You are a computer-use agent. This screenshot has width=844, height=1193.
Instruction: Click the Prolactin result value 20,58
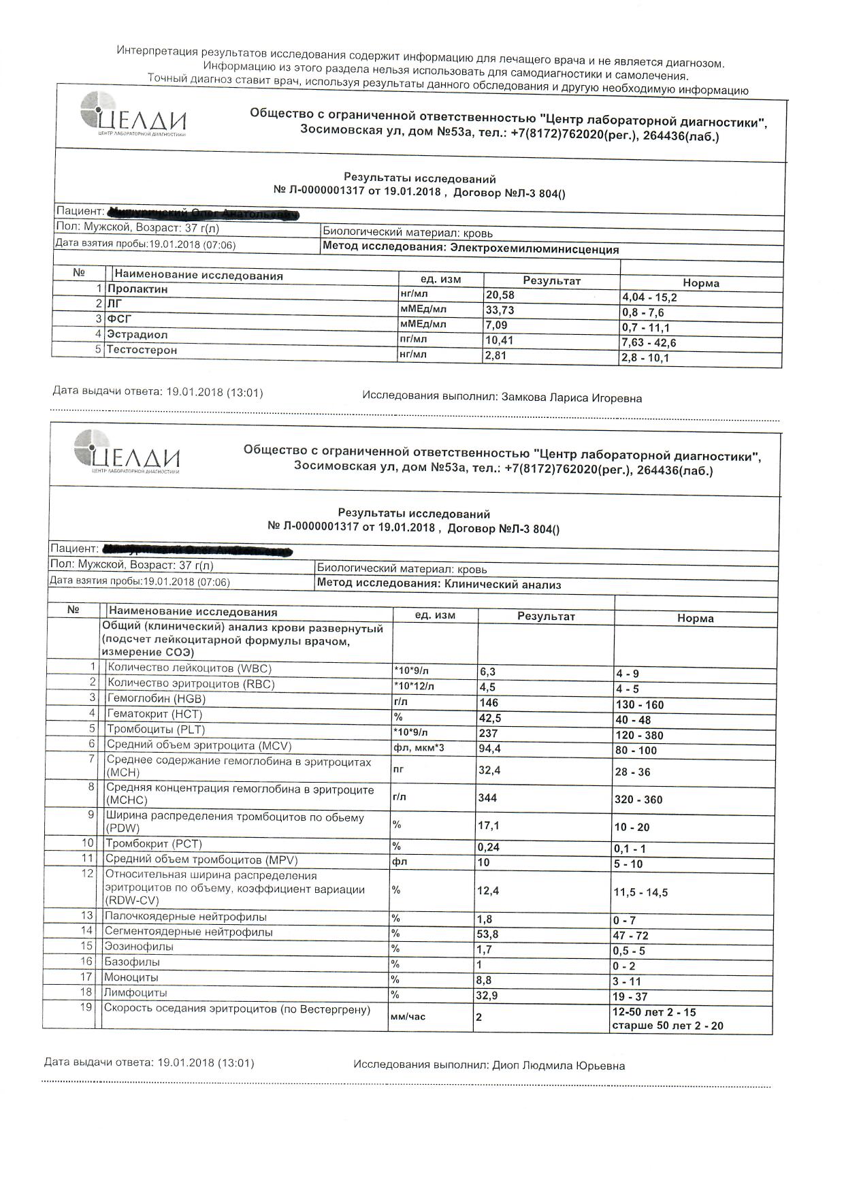coord(500,295)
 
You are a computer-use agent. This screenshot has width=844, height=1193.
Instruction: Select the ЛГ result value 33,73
coord(500,310)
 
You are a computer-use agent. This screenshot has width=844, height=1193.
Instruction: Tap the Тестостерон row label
coord(142,350)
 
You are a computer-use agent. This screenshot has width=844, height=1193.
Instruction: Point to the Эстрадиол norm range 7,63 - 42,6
coord(649,343)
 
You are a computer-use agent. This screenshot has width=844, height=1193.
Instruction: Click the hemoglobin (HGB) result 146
coord(488,703)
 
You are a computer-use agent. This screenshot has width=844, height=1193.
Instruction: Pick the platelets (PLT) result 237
coord(488,734)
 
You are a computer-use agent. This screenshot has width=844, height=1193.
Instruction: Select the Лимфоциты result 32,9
coord(488,996)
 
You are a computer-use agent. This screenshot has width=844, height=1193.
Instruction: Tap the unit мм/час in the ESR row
coord(408,1017)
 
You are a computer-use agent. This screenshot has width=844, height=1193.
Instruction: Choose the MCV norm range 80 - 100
coord(636,751)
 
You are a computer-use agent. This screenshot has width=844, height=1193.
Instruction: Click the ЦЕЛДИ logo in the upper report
coord(133,115)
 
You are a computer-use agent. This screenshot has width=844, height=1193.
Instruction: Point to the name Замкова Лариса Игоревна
coord(571,398)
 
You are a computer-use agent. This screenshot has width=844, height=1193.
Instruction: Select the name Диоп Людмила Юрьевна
coord(558,1066)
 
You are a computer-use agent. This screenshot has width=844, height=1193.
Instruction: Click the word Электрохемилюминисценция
coord(534,250)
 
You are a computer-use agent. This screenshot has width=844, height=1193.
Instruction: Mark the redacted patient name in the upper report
coord(204,214)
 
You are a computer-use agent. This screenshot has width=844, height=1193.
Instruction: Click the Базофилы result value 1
coord(479,964)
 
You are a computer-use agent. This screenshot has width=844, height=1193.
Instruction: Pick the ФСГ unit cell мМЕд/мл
coord(423,325)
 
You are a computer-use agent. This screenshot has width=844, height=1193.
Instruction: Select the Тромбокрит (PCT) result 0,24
coord(488,847)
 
